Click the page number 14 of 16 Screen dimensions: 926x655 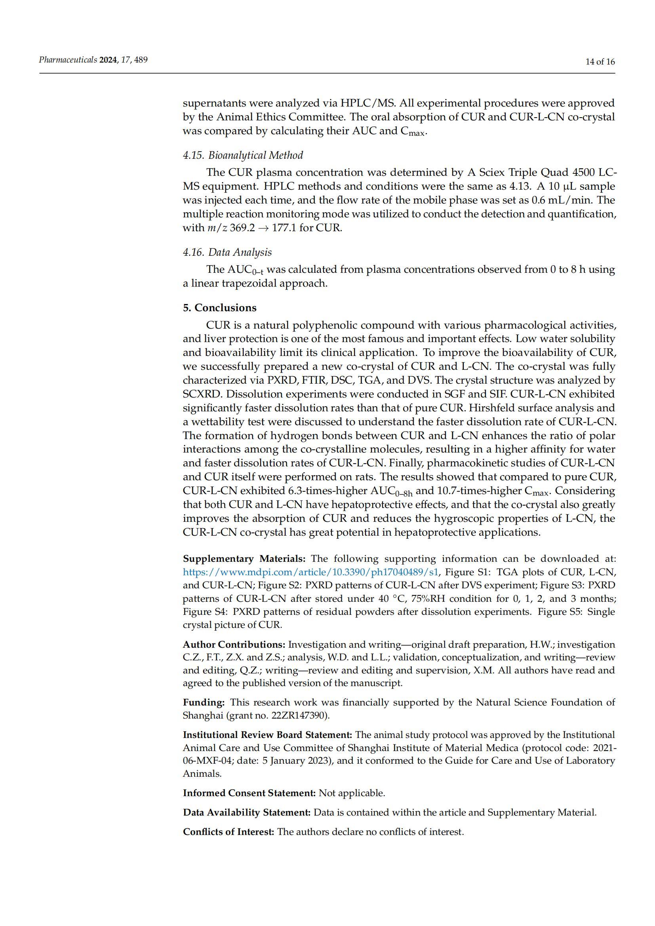[600, 62]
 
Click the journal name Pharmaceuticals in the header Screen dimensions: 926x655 [68, 60]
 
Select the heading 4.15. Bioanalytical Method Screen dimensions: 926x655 [243, 155]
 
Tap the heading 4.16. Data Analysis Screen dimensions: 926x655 [227, 253]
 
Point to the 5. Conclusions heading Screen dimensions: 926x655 [219, 308]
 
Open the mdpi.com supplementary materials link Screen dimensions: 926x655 [310, 572]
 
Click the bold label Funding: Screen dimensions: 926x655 [204, 702]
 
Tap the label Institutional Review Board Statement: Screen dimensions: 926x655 [267, 735]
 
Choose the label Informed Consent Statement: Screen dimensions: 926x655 [249, 793]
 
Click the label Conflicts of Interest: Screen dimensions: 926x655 [228, 832]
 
